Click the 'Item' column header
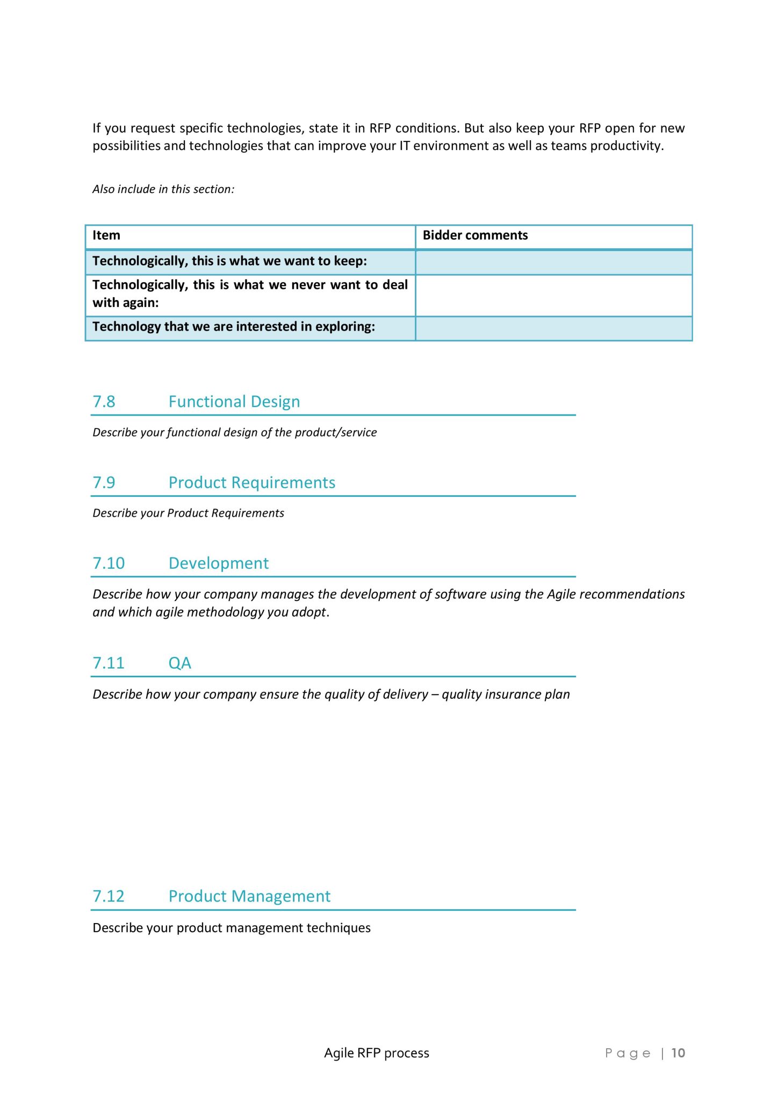[x=106, y=235]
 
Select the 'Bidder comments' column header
[x=475, y=235]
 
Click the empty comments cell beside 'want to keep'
[x=553, y=262]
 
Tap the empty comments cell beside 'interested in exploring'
[x=553, y=328]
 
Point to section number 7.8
[x=104, y=402]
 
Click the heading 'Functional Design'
[x=234, y=402]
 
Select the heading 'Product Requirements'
[x=251, y=482]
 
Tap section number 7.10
[x=109, y=563]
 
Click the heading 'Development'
[x=218, y=563]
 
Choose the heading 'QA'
[x=179, y=663]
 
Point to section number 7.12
[x=109, y=896]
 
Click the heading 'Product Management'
[x=249, y=896]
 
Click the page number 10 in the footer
[x=678, y=1053]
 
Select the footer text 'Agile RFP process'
[x=376, y=1053]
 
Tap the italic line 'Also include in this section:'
[x=163, y=189]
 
